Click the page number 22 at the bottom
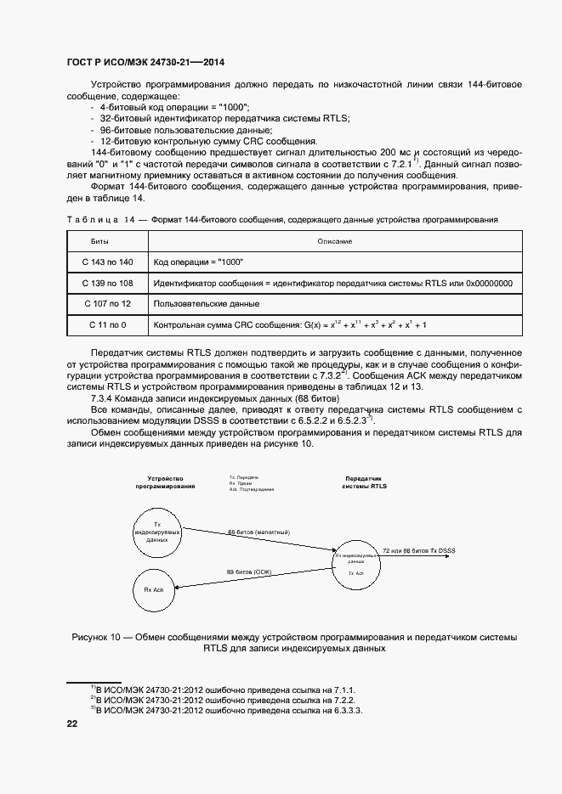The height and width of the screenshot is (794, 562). coord(71,724)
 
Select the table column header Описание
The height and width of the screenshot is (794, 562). coord(335,241)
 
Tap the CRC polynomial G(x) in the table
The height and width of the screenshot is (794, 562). coord(289,324)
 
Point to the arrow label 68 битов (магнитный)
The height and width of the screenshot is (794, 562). coord(259,532)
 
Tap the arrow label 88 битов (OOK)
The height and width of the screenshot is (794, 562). coord(248,572)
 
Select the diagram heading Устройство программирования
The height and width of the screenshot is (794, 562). coord(166,482)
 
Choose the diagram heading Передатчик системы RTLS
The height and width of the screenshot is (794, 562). coord(364,482)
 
